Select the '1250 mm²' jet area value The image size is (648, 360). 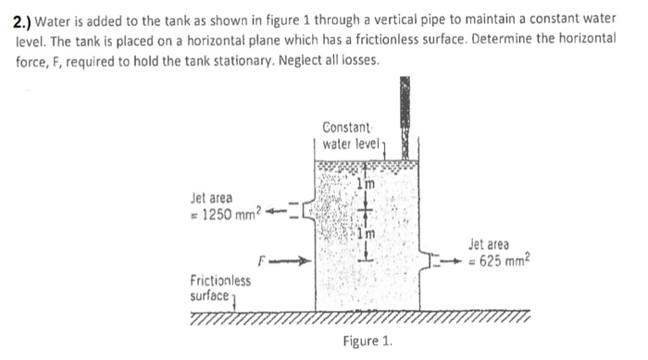point(230,217)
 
